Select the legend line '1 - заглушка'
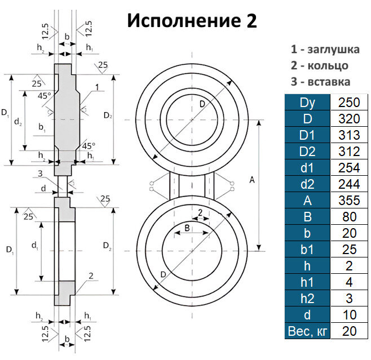coord(324,50)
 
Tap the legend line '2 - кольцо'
coord(319,65)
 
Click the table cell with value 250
coord(350,103)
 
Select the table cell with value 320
coord(350,119)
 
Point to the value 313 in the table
coord(350,135)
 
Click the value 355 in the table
coord(350,201)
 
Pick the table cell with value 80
coord(350,217)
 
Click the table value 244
coord(350,184)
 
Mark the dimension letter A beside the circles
coord(251,180)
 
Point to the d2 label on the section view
coord(18,121)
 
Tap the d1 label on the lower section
coord(34,246)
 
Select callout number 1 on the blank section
coord(97,87)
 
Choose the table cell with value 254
coord(350,168)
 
